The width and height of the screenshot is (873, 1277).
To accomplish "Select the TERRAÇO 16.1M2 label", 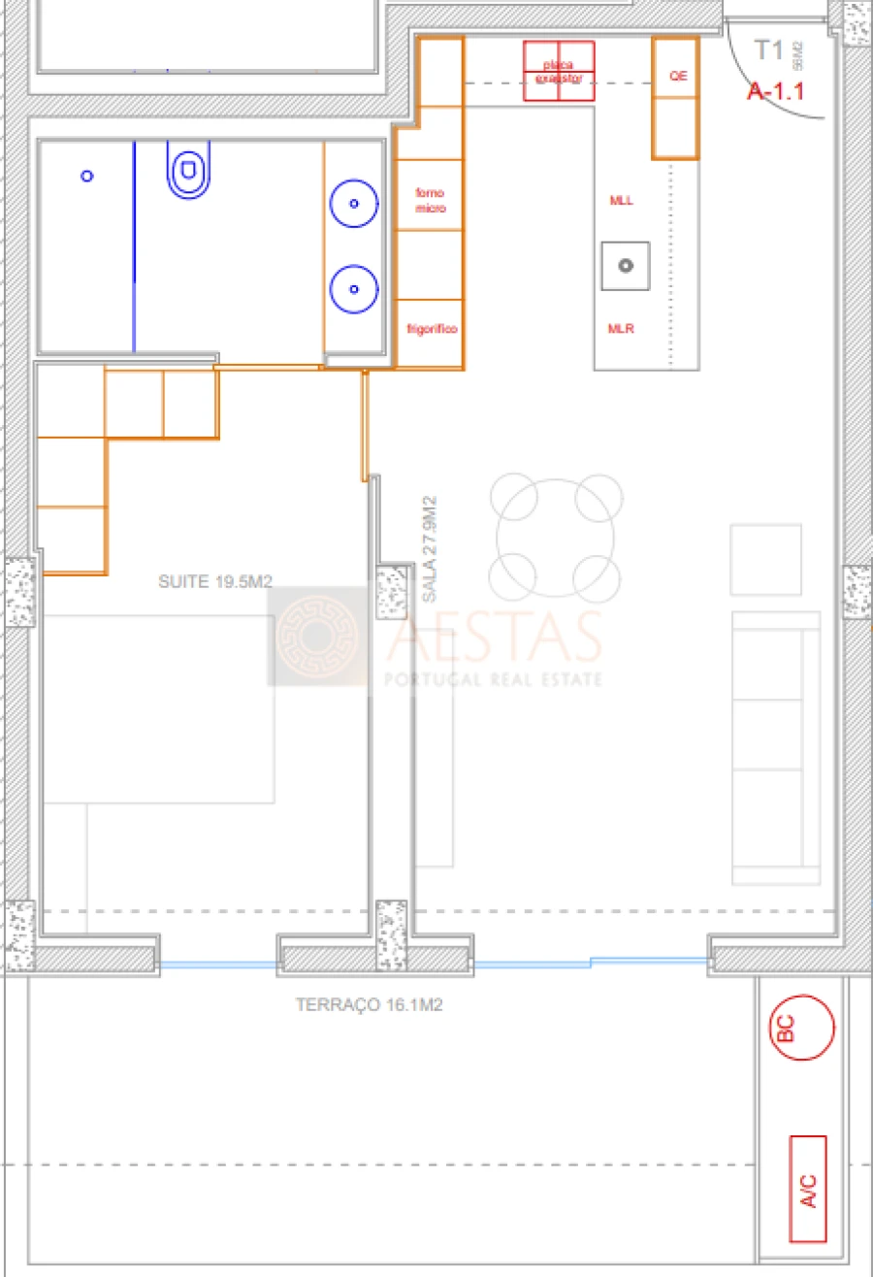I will (369, 1006).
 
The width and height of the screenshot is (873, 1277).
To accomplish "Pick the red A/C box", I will (808, 1189).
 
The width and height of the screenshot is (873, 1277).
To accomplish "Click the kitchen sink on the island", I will (626, 265).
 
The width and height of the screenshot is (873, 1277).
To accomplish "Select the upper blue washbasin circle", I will (354, 204).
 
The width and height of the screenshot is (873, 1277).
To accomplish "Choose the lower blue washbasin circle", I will (354, 288).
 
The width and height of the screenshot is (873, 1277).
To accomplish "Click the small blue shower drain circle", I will (87, 176).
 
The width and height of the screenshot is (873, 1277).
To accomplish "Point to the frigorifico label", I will (432, 330).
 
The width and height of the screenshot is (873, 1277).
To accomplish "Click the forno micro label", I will (430, 201).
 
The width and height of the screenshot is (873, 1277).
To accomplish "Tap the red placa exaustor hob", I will (559, 71).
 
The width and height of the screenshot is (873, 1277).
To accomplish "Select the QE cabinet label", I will (677, 76).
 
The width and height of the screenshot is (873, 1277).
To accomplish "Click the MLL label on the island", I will (621, 201).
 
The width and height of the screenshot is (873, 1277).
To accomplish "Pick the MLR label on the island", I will (621, 329).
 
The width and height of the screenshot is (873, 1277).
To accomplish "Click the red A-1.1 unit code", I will (774, 92).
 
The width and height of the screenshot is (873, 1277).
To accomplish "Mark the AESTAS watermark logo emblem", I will (316, 637).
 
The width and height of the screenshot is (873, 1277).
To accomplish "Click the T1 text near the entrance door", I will (768, 51).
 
